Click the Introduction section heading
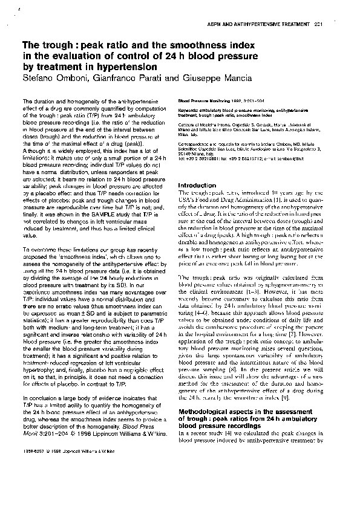(x=197, y=185)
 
